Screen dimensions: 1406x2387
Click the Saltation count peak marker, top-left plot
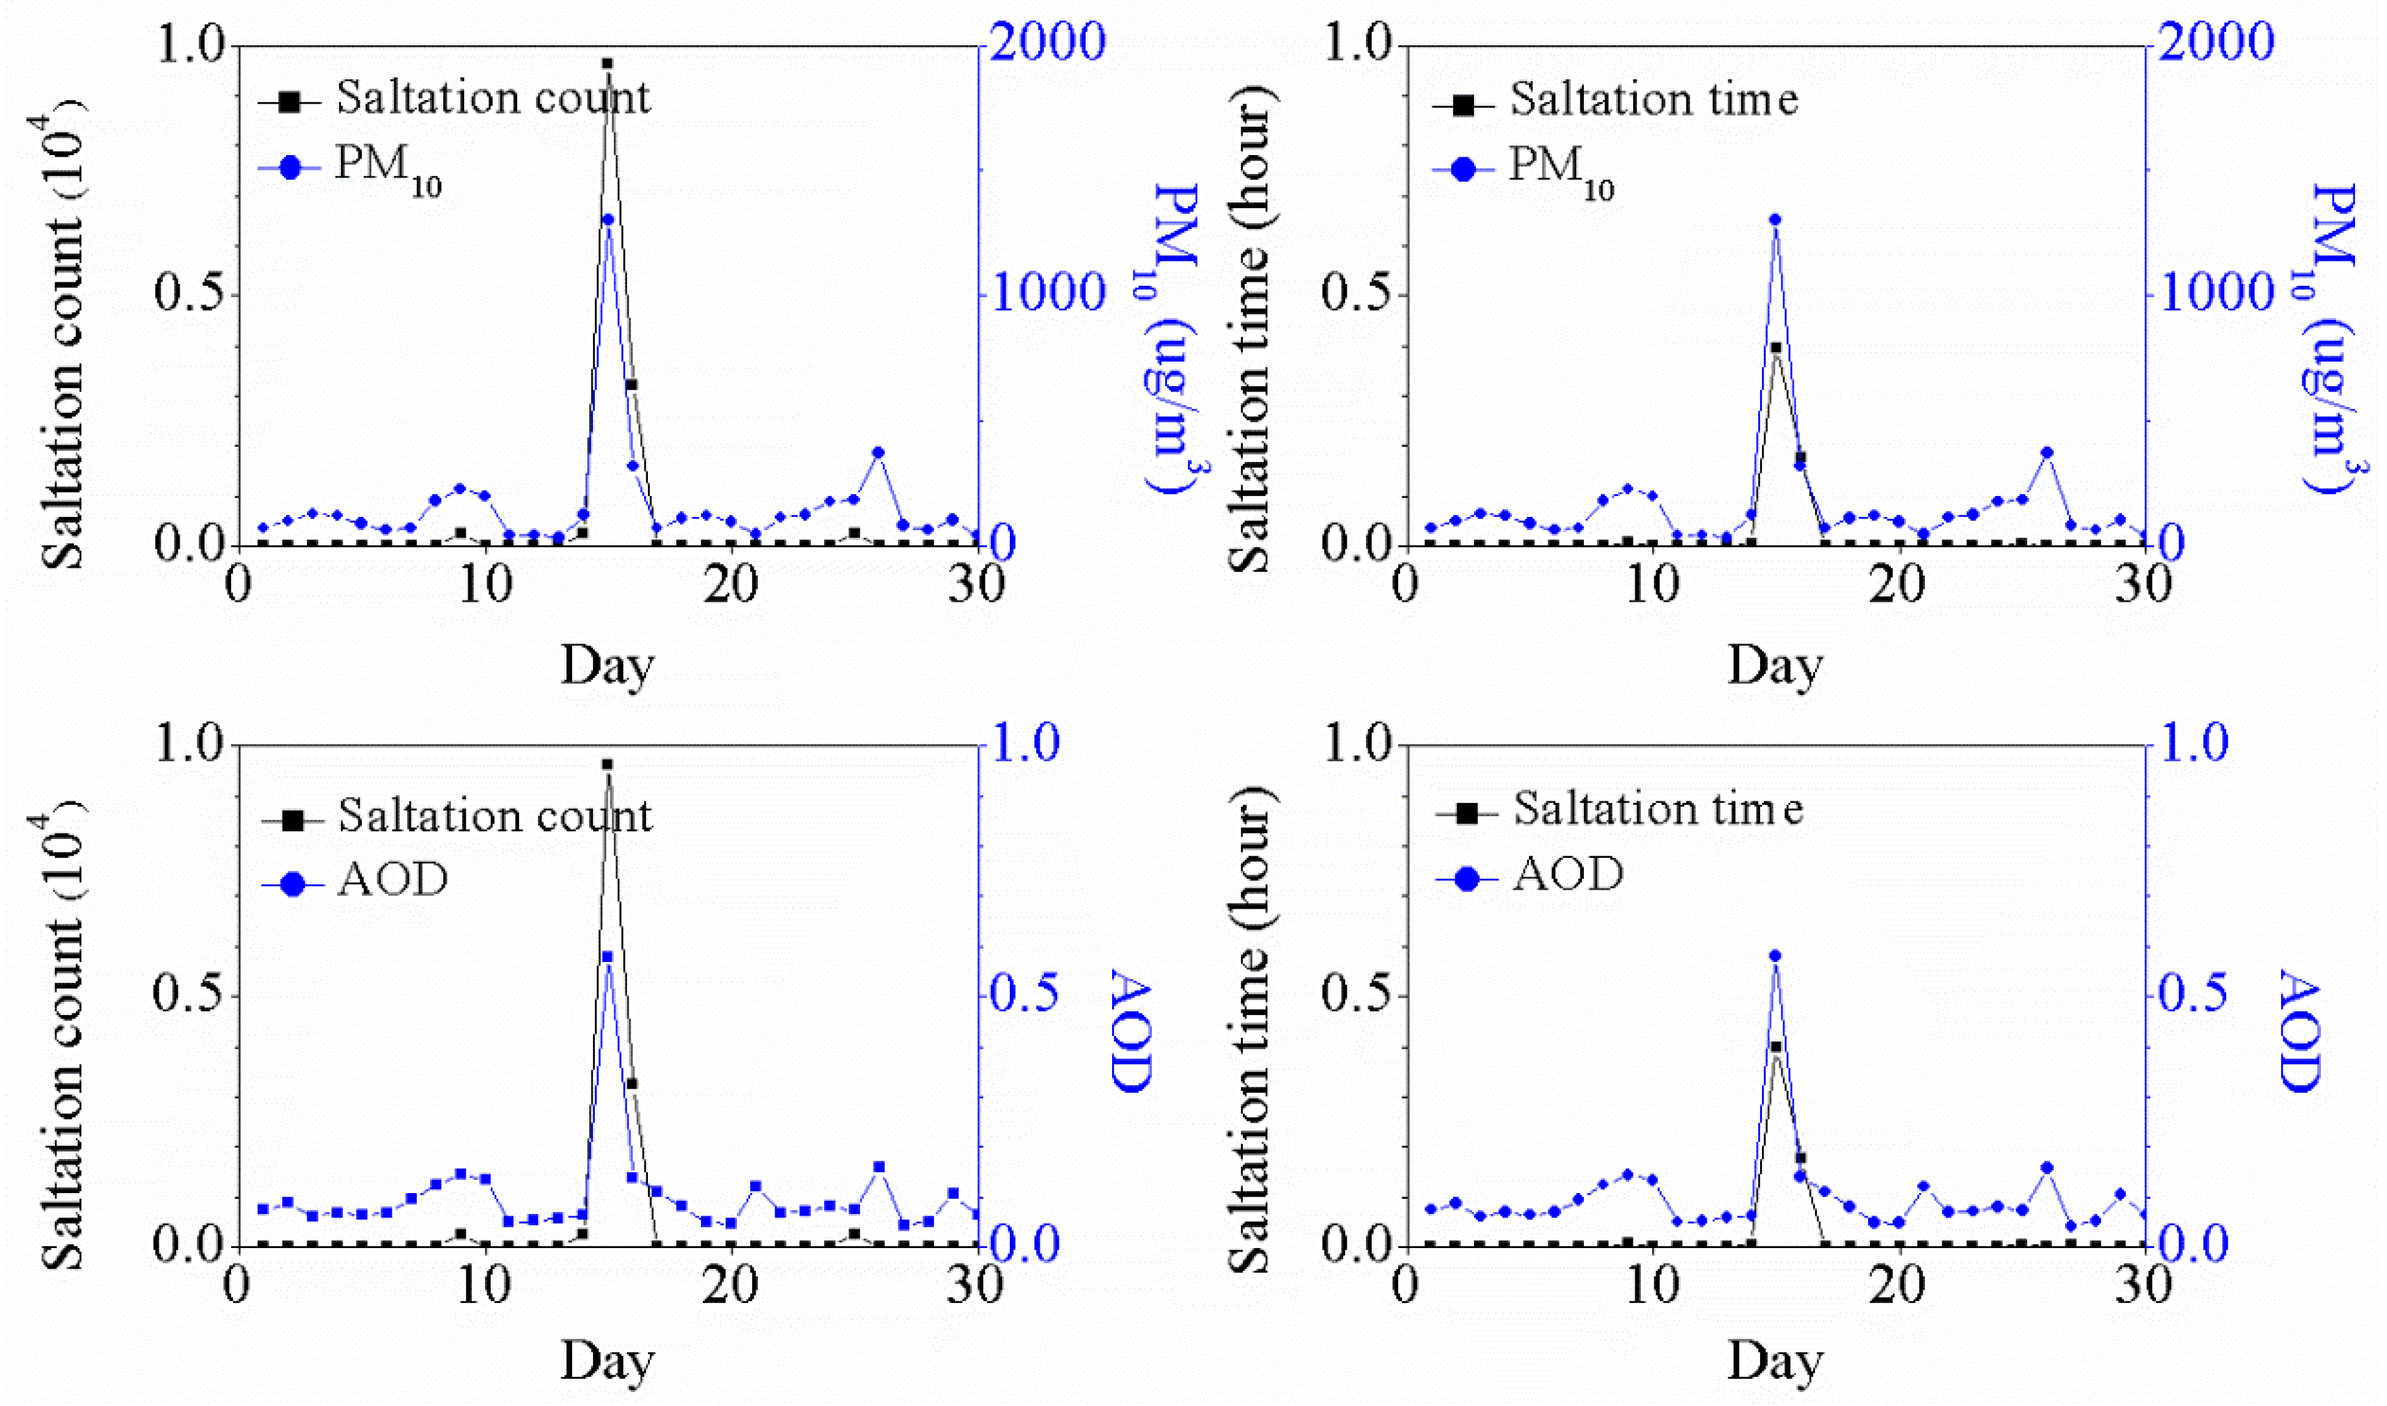click(606, 63)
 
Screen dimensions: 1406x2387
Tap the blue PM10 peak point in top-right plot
click(1775, 220)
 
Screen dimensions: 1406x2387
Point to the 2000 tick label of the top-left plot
click(1048, 42)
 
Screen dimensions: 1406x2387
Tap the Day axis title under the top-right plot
click(1775, 665)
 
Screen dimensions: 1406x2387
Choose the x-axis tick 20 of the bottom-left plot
click(731, 1286)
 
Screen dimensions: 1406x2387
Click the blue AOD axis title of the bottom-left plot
click(1129, 1030)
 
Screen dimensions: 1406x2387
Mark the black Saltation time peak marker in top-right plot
click(1775, 349)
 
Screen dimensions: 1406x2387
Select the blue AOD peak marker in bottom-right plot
click(1775, 956)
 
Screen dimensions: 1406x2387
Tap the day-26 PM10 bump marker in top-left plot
click(878, 453)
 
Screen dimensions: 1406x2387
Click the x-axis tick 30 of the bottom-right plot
click(2144, 1286)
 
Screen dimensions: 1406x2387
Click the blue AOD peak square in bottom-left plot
click(608, 957)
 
